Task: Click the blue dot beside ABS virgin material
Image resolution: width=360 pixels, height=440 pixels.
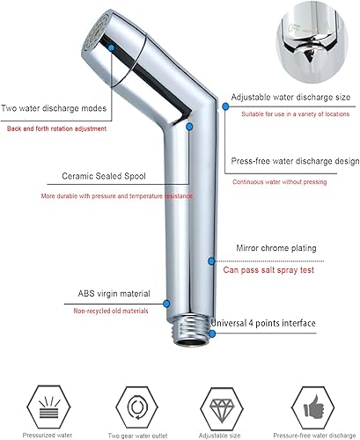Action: coord(166,304)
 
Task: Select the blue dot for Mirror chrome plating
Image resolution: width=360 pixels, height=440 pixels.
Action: coord(211,260)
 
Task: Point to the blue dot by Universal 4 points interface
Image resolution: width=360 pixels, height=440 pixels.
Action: coord(212,334)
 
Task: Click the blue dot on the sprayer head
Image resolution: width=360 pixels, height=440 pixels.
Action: coord(111,48)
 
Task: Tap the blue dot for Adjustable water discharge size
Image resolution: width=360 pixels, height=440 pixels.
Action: coord(225,106)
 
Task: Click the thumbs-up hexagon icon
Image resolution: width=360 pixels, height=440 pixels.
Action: coord(313,407)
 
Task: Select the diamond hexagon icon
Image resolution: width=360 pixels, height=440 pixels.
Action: coord(222,408)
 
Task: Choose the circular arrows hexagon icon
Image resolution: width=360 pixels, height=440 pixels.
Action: coord(136,407)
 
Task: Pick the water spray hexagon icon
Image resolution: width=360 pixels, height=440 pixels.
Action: coord(48,407)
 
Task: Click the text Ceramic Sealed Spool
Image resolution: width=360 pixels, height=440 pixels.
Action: coord(104,176)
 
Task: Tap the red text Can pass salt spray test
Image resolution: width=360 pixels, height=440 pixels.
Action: coord(268,270)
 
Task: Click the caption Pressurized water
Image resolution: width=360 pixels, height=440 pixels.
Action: coord(48,436)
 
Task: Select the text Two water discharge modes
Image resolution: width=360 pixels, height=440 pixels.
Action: coord(54,108)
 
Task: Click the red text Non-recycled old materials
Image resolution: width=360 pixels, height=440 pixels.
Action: coord(111,311)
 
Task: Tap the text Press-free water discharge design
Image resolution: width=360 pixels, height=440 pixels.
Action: coord(295,161)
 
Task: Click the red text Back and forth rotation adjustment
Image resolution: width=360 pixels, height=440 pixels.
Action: coord(56,128)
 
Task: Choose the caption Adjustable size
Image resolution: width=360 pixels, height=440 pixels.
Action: coord(220,436)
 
